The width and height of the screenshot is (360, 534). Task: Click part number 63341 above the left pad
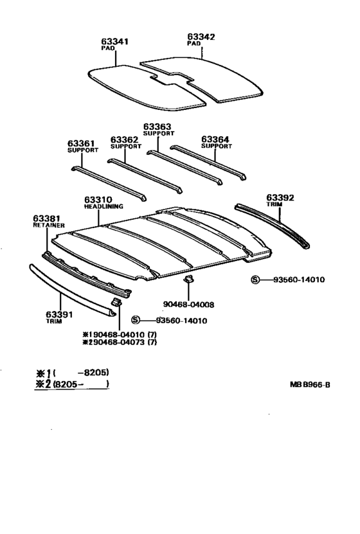coord(114,42)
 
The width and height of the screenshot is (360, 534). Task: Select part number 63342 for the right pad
coord(201,37)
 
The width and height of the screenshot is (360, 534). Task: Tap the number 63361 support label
coord(81,143)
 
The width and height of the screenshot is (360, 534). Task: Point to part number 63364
coord(215,139)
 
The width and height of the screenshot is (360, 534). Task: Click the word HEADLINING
coord(104,206)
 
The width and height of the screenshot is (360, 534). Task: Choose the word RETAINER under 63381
coord(49,225)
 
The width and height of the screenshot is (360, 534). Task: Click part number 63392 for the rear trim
coord(280,198)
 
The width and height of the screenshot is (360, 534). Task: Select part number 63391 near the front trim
coord(59,314)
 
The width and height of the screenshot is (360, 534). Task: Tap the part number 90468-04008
coord(189,305)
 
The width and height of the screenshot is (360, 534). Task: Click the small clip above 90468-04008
coord(188,280)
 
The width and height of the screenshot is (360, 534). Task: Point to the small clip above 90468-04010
coord(116,301)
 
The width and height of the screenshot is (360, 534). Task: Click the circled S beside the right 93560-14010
coord(255,280)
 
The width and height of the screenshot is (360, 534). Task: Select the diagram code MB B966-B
coord(310,385)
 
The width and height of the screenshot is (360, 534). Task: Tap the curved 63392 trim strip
coord(273,226)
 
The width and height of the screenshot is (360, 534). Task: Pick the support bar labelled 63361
coord(109,184)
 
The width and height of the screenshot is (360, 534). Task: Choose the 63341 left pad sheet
coord(147,88)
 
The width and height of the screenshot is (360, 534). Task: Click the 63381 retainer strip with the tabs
coord(86,275)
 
